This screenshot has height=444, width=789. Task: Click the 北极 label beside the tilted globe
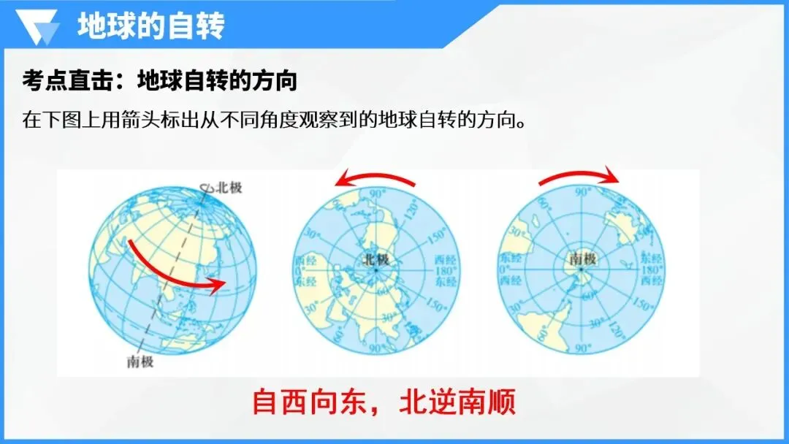(x=229, y=188)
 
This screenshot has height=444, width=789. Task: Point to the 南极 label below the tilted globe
(x=140, y=362)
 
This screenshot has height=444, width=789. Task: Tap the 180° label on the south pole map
(x=650, y=269)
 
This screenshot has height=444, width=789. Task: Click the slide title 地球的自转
(x=150, y=26)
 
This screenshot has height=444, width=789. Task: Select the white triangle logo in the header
(x=40, y=27)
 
